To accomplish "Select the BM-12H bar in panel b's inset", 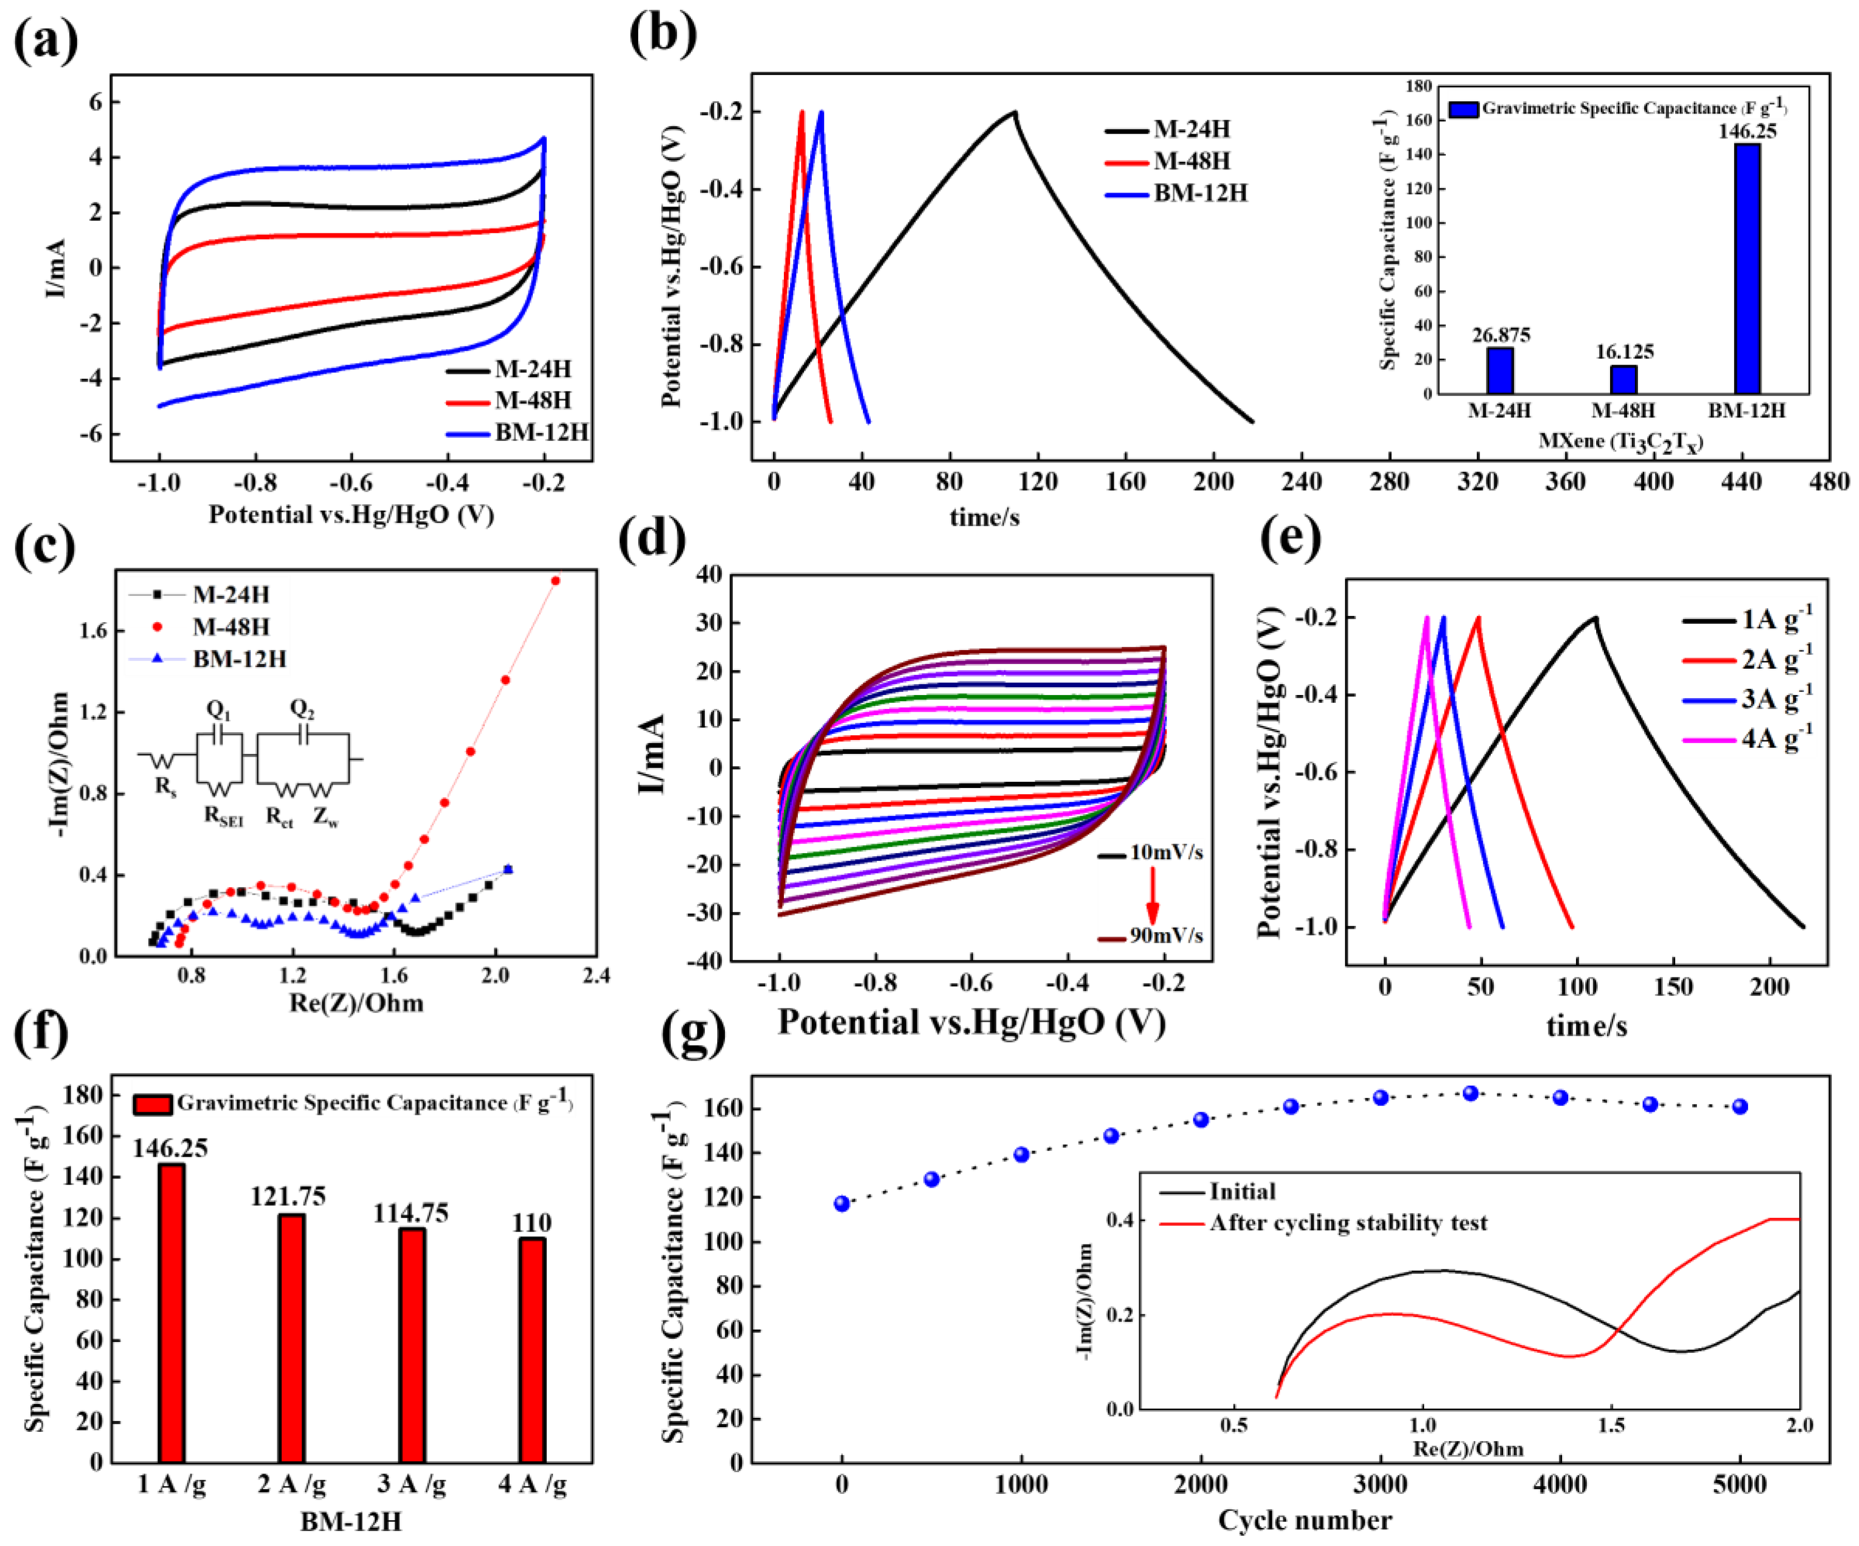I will pyautogui.click(x=1746, y=269).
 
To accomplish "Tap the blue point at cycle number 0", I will pyautogui.click(x=842, y=1203).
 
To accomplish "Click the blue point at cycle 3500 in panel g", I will pyautogui.click(x=1470, y=1094).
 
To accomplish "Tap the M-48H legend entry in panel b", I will pyautogui.click(x=1191, y=161).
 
